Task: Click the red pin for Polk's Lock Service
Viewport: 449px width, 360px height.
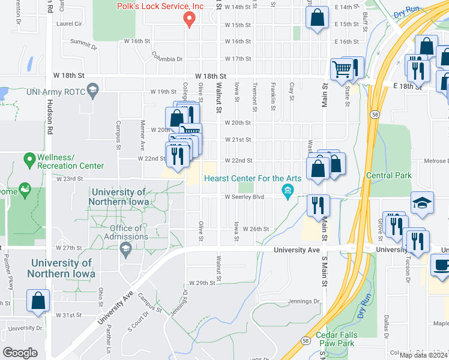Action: [190, 20]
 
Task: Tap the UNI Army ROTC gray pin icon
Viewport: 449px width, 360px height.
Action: [92, 91]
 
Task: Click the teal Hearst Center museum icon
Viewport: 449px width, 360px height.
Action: [288, 191]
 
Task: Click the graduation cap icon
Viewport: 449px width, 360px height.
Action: [422, 203]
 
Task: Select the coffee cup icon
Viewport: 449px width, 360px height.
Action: [441, 265]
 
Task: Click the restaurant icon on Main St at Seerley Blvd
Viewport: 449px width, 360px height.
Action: [318, 205]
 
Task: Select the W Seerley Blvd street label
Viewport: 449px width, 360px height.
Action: [244, 197]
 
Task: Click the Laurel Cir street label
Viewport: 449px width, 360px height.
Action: [69, 24]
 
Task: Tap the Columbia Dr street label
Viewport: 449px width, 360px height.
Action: [167, 59]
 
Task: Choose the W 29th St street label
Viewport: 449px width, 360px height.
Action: [202, 283]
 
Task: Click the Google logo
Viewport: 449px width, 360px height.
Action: [20, 353]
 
